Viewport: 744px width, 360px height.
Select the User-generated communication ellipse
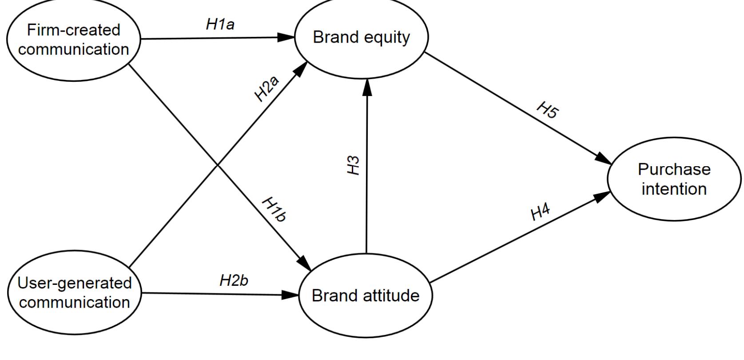point(74,292)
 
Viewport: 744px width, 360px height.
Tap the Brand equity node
point(362,38)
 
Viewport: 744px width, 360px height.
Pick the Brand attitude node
point(366,296)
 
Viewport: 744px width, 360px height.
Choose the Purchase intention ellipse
point(674,179)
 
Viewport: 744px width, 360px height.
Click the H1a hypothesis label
point(220,25)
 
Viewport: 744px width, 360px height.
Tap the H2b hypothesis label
point(234,281)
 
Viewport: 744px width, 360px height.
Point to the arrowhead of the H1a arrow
point(288,38)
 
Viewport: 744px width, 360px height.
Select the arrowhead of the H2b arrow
point(291,294)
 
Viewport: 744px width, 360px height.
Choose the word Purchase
point(674,169)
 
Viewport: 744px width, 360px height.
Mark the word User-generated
point(74,283)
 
